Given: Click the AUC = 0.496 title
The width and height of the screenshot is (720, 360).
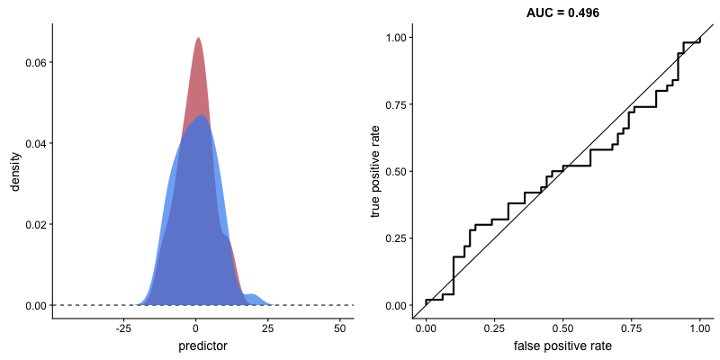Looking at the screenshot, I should [x=562, y=13].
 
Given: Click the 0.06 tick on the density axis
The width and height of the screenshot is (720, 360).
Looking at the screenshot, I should [x=34, y=62].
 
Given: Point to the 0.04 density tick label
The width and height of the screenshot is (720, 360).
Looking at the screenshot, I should [x=34, y=143].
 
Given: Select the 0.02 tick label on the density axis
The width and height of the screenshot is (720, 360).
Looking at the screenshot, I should [x=34, y=224].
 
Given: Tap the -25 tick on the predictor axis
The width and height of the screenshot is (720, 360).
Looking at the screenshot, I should [x=125, y=328].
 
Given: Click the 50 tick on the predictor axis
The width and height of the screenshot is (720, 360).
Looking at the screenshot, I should [x=340, y=328].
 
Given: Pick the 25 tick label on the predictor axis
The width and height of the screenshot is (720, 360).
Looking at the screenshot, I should [x=268, y=328].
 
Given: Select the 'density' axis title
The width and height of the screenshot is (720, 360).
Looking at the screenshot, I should [x=15, y=171].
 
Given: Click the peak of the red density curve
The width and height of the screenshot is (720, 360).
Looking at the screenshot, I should [x=198, y=39].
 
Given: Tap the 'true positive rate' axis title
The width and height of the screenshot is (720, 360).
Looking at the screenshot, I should [x=376, y=171].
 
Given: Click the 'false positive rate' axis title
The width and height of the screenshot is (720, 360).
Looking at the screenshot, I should [x=562, y=346].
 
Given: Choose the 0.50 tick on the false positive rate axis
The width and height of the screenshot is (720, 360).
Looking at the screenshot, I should [x=562, y=328].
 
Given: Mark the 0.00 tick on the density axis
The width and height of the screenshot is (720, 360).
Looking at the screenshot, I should [x=34, y=305].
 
